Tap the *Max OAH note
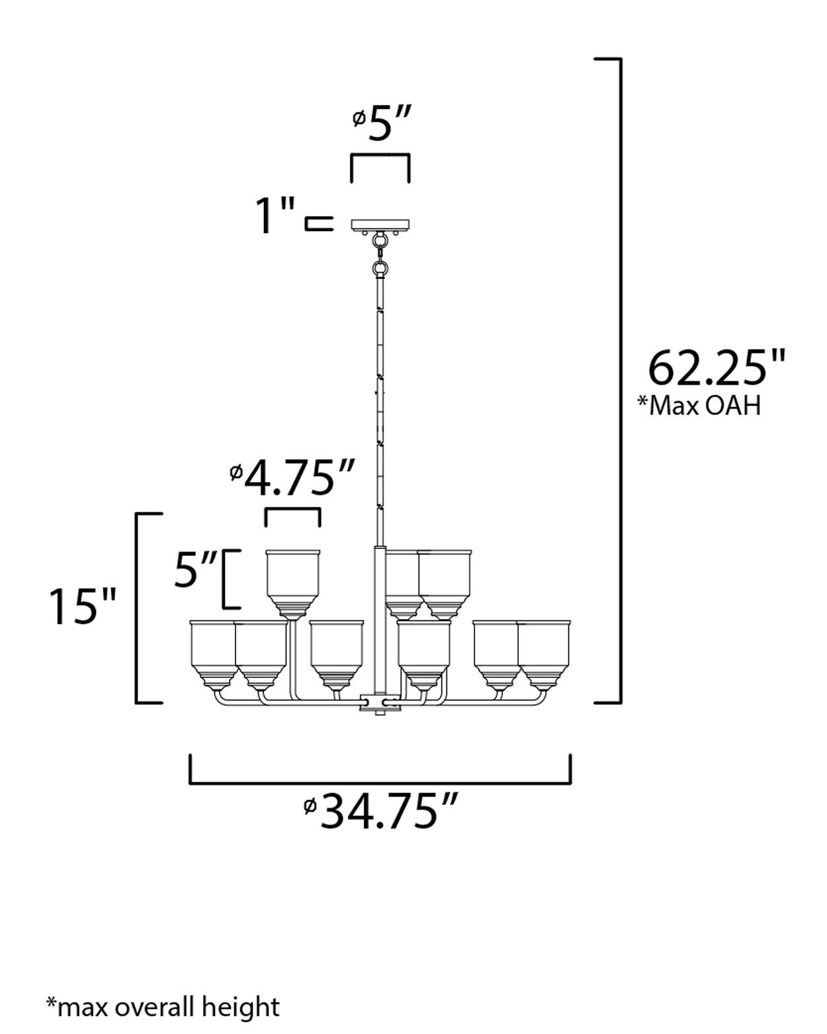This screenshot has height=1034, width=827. pos(699,405)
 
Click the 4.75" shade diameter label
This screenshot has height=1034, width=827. pos(292,479)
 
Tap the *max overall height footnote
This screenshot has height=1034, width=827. pos(163,1007)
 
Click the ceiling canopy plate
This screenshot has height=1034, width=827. pos(380,225)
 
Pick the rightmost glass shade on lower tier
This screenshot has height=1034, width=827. pos(544,652)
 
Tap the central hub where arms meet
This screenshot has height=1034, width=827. pos(380,702)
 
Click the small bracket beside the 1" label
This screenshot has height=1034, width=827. pos(318,224)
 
